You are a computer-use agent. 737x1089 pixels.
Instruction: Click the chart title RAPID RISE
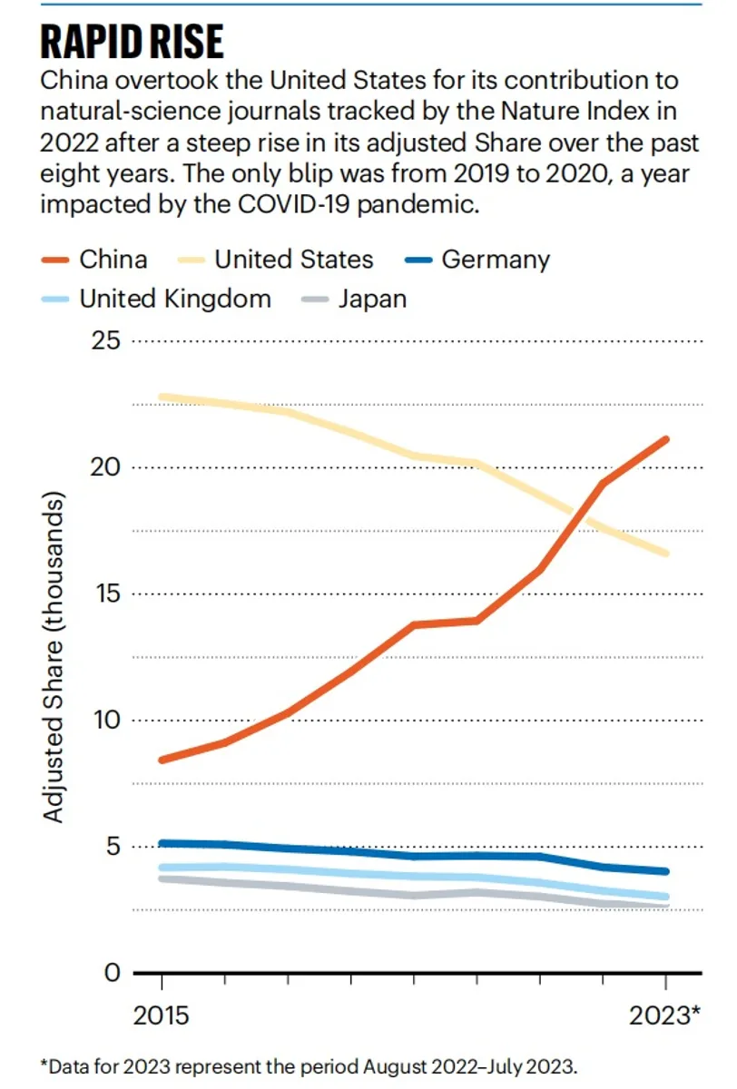coord(133,42)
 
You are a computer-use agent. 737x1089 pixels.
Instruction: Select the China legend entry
coord(94,260)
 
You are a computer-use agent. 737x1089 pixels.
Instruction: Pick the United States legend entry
coord(275,260)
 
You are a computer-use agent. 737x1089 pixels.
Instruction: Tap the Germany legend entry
coord(478,260)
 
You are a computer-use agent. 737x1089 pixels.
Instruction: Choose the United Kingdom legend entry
coord(156,299)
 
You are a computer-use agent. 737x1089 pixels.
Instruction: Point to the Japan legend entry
coord(354,299)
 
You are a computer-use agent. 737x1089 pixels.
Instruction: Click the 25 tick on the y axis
coord(105,341)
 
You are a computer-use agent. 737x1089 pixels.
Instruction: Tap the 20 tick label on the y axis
coord(105,467)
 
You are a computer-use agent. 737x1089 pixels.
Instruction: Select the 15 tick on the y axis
coord(107,594)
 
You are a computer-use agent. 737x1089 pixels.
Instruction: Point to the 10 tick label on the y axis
coord(107,720)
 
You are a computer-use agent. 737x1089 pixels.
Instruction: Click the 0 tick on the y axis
coord(113,973)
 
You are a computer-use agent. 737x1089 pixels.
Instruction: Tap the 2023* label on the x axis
coord(665,1015)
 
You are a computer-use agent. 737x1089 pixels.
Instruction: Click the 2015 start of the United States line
coord(162,397)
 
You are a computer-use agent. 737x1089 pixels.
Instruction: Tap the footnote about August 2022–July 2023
coord(310,1066)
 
